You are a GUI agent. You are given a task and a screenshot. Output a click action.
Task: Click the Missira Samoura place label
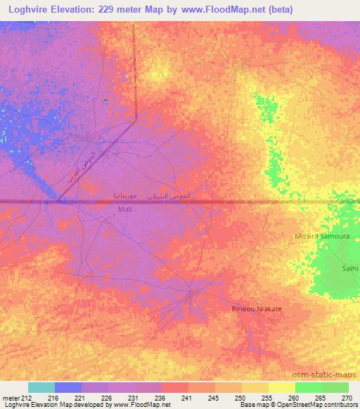pos(322,238)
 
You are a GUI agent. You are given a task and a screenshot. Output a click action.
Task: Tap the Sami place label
pos(349,268)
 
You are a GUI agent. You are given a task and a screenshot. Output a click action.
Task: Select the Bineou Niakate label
pos(257,309)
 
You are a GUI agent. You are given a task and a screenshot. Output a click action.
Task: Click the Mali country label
pos(125,209)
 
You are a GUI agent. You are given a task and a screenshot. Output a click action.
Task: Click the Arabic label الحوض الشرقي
pos(172,195)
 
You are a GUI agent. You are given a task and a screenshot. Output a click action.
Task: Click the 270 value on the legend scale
pos(346,397)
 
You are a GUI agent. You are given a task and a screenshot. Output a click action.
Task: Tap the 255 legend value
pos(265,397)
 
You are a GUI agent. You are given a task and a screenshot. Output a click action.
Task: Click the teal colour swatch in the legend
pos(41,387)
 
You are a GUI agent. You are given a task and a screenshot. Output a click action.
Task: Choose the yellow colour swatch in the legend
pos(281,387)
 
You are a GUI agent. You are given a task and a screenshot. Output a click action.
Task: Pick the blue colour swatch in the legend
pos(67,387)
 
